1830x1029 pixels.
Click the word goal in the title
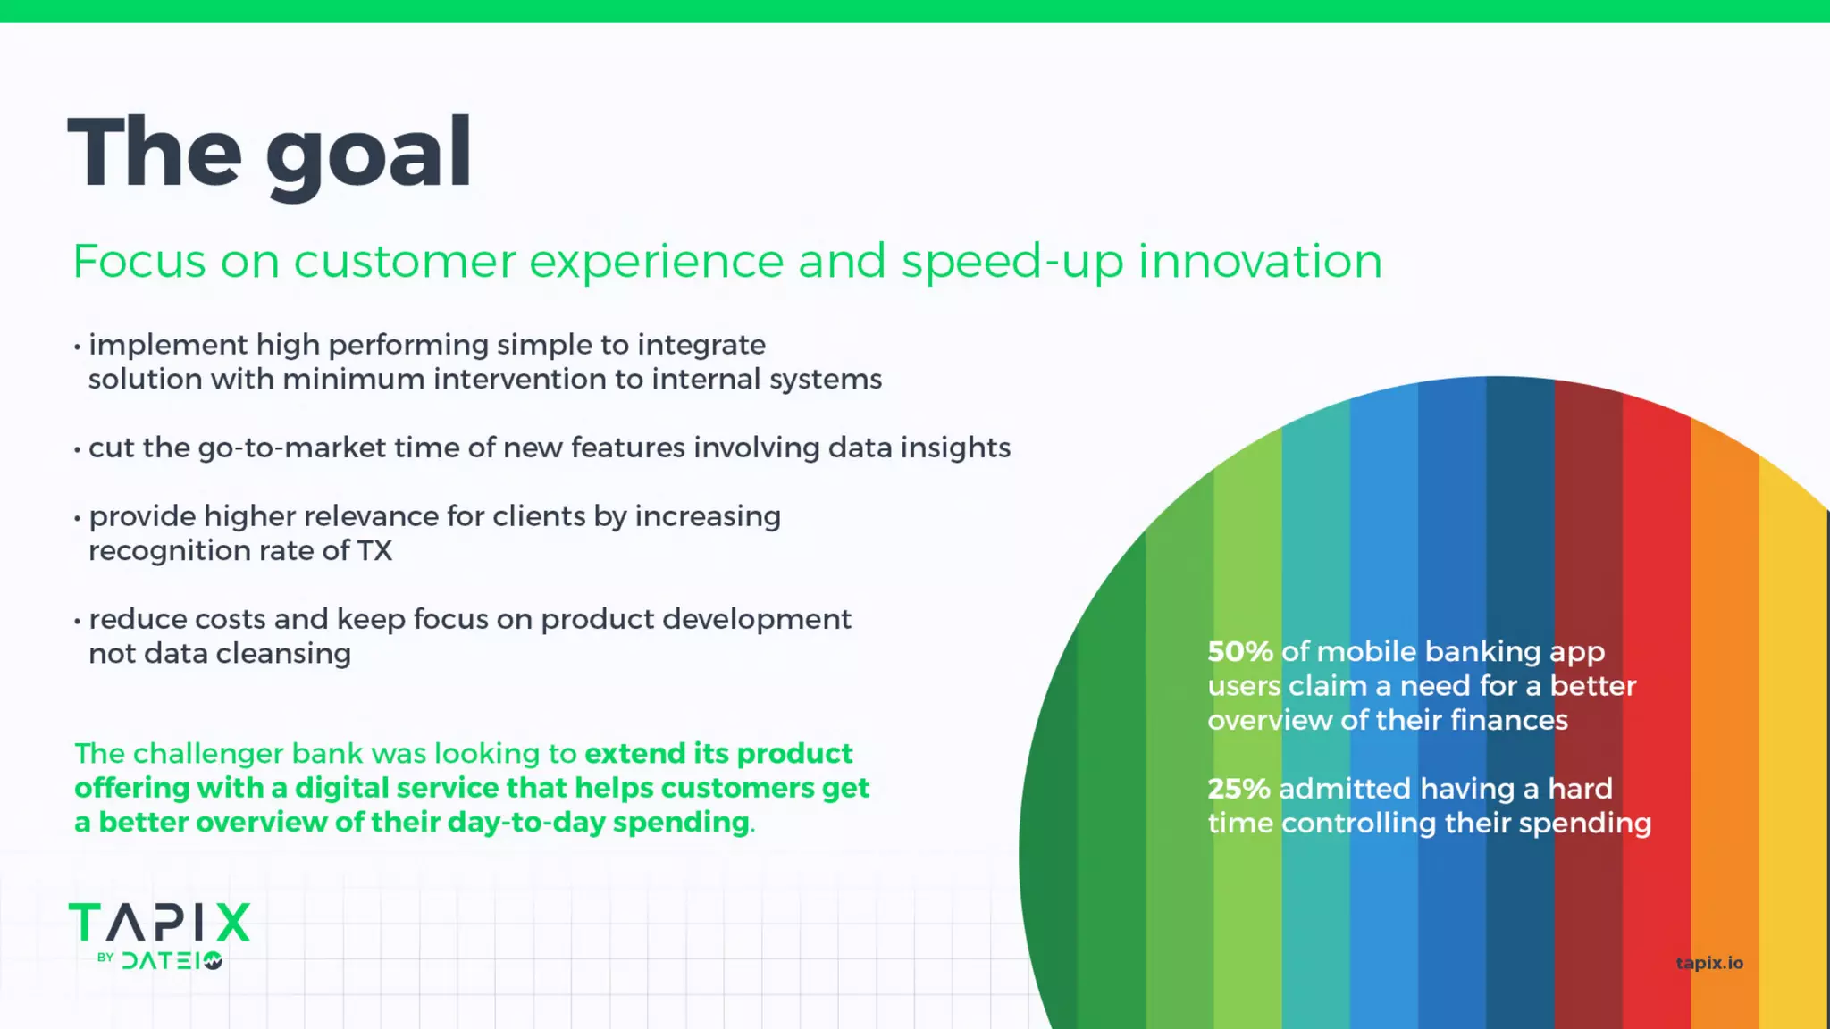pyautogui.click(x=368, y=154)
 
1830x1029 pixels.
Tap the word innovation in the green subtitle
pyautogui.click(x=1260, y=262)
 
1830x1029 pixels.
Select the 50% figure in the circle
pyautogui.click(x=1239, y=652)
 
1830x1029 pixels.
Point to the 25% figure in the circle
pyautogui.click(x=1238, y=789)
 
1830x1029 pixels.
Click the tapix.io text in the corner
pyautogui.click(x=1708, y=963)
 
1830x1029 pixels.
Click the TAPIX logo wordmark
pyautogui.click(x=159, y=923)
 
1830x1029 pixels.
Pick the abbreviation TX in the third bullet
pyautogui.click(x=374, y=551)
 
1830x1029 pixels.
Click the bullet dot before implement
pyautogui.click(x=78, y=347)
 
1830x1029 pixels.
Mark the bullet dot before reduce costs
pyautogui.click(x=78, y=621)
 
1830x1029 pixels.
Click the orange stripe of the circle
pyautogui.click(x=1725, y=715)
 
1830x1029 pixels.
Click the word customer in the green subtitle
pyautogui.click(x=404, y=262)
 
